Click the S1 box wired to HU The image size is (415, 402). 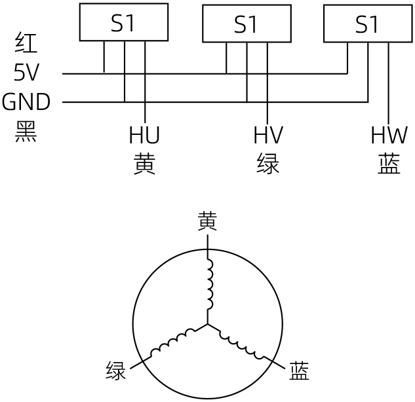pos(124,22)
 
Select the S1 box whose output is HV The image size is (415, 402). pos(247,24)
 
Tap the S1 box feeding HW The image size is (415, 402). pos(368,24)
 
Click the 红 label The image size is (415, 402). pos(26,43)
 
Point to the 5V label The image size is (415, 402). pos(26,72)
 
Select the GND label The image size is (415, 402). pos(26,101)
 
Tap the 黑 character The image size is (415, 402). pos(26,132)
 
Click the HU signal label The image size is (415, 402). pos(144,135)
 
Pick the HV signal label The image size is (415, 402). pos(268,135)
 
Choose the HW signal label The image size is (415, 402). pos(389,135)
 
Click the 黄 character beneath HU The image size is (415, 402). pos(144,164)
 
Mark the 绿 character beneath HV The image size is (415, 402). pos(268,164)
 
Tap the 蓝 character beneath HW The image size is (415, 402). pos(389,164)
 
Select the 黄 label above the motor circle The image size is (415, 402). pos(207,221)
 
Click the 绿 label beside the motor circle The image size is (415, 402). pos(115,371)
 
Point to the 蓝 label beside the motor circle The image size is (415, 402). pos(299,371)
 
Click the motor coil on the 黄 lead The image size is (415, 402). pos(210,284)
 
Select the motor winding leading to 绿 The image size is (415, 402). pos(173,342)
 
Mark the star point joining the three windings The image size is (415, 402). pos(207,324)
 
